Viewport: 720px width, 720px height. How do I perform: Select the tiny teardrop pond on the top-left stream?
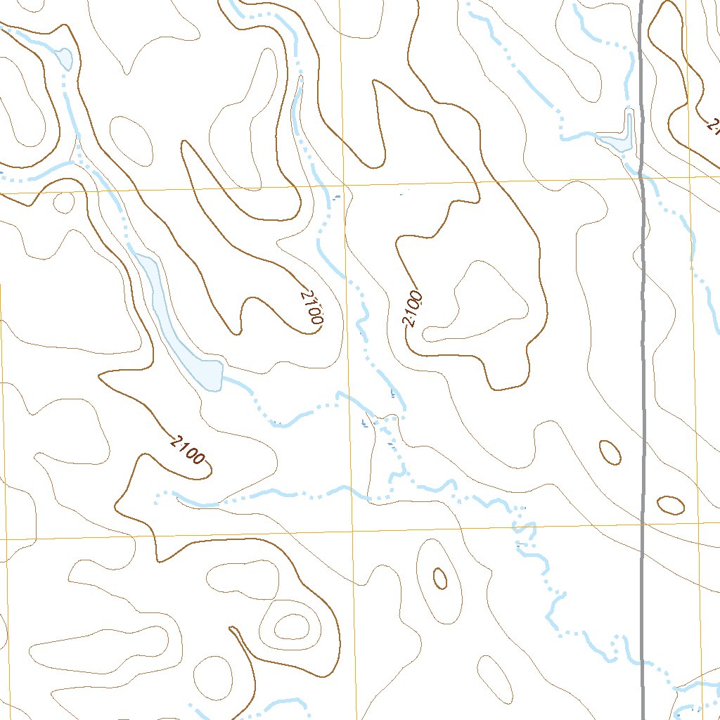(64, 58)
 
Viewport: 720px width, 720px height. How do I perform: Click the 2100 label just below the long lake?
(188, 451)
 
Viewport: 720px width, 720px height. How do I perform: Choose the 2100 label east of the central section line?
(412, 310)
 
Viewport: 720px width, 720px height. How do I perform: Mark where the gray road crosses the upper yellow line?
(642, 178)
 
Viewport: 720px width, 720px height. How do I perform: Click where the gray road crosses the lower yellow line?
(643, 525)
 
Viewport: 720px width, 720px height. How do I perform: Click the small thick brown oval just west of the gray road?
(610, 452)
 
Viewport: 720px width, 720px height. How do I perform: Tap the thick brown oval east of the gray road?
(670, 504)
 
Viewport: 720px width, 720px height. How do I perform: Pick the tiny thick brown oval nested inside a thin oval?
(440, 578)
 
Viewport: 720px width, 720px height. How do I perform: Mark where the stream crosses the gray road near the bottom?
(643, 662)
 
